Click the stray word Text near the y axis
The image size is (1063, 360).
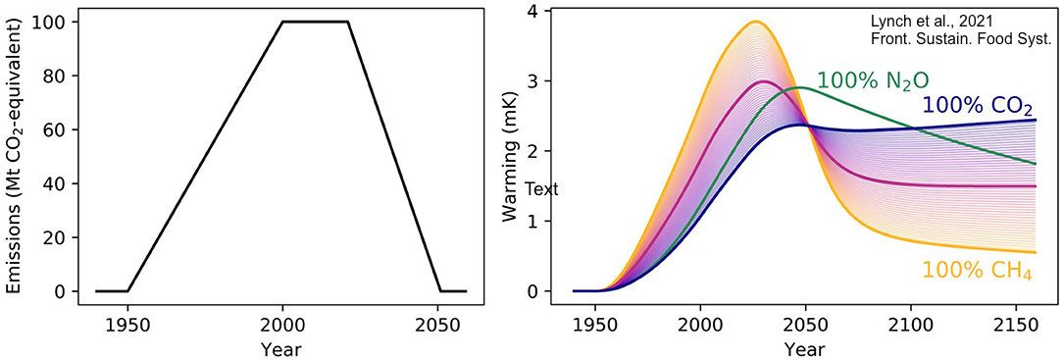541,189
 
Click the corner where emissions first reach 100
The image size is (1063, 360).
282,22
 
